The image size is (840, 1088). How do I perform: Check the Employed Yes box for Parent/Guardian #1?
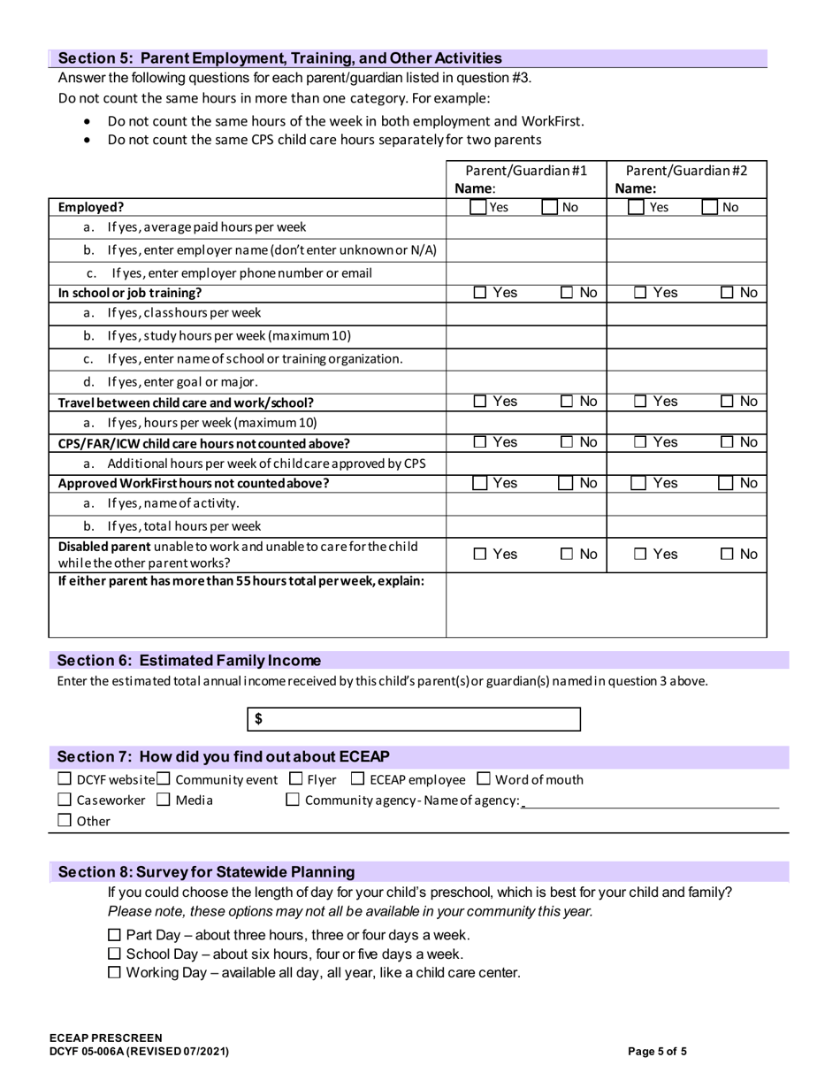pyautogui.click(x=477, y=208)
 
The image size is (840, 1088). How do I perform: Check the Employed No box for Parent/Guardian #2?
pyautogui.click(x=709, y=208)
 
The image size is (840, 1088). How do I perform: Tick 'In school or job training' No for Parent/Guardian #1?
pyautogui.click(x=566, y=293)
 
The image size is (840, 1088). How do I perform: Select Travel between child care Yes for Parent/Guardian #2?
pyautogui.click(x=640, y=402)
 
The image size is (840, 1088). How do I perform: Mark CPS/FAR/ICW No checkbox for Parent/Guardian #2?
pyautogui.click(x=726, y=442)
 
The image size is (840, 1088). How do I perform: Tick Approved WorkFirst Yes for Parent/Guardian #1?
pyautogui.click(x=477, y=483)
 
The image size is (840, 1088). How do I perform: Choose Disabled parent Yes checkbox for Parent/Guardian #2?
pyautogui.click(x=640, y=555)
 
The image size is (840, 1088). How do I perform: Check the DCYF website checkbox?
pyautogui.click(x=65, y=779)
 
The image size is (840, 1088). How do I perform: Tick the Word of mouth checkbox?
pyautogui.click(x=484, y=779)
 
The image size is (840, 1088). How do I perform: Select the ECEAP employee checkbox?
pyautogui.click(x=358, y=779)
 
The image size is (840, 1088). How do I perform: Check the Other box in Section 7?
pyautogui.click(x=65, y=821)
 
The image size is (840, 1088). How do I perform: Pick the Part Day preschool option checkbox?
pyautogui.click(x=114, y=935)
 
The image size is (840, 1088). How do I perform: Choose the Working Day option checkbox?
pyautogui.click(x=114, y=973)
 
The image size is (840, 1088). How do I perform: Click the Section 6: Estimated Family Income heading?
pyautogui.click(x=189, y=661)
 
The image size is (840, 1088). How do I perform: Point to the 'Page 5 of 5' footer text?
pyautogui.click(x=657, y=1052)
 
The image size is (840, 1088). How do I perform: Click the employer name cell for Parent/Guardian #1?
pyautogui.click(x=525, y=250)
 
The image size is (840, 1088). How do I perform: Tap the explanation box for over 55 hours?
pyautogui.click(x=606, y=605)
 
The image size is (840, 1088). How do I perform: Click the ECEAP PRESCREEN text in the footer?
pyautogui.click(x=106, y=1038)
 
